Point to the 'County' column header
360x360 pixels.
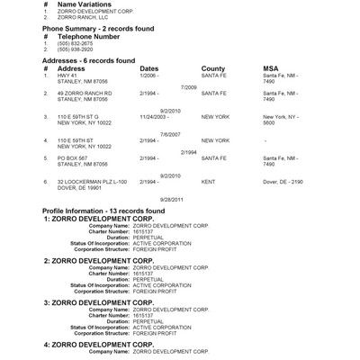point(213,67)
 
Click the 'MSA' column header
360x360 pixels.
point(270,67)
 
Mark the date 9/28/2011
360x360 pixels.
point(171,198)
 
